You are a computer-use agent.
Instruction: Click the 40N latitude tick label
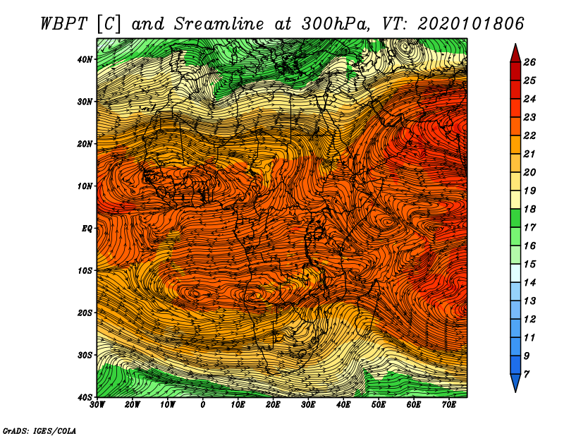pos(85,59)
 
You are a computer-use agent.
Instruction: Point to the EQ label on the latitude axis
pos(87,229)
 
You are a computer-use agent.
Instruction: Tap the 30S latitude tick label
pos(85,355)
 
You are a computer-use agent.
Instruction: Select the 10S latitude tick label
pos(85,270)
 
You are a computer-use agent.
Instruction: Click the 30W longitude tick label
pos(97,404)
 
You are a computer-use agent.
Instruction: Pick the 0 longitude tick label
pos(203,404)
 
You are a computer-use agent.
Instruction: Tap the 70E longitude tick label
pos(449,404)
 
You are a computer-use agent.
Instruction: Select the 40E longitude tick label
pos(343,404)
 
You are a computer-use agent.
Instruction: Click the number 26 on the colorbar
pos(529,62)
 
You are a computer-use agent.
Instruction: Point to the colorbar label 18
pos(529,209)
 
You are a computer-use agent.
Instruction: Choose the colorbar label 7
pos(527,375)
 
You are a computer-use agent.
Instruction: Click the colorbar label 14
pos(529,283)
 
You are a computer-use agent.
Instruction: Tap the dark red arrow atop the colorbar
pos(515,54)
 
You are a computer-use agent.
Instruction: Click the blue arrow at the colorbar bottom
pos(515,382)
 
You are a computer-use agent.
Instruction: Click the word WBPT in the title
pos(64,24)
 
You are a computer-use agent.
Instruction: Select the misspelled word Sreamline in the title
pos(219,24)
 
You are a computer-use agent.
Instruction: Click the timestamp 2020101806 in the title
pos(471,24)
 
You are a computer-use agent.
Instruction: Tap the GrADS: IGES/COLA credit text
pos(39,431)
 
